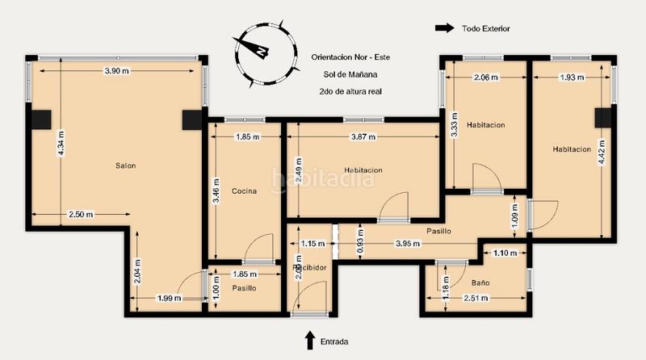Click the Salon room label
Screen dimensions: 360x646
click(125, 165)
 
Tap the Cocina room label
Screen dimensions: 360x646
click(244, 191)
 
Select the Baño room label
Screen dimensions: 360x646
click(480, 283)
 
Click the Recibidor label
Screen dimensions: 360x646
click(308, 267)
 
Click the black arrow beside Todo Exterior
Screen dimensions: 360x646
click(444, 28)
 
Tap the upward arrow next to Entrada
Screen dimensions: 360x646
click(309, 340)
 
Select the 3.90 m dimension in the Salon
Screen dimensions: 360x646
click(117, 71)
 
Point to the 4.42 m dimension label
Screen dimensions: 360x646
click(601, 149)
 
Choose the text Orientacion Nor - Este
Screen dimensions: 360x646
click(350, 57)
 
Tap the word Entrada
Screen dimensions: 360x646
click(334, 342)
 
